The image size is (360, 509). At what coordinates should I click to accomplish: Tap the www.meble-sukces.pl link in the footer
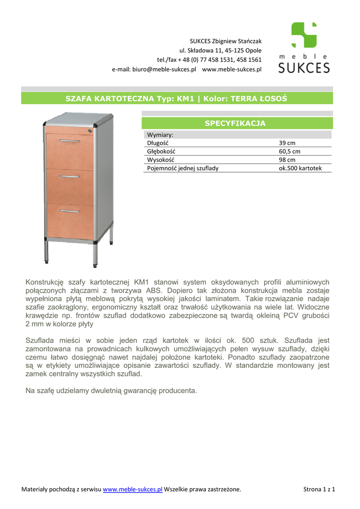pos(133,490)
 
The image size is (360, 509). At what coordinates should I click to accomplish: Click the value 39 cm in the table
pos(287,143)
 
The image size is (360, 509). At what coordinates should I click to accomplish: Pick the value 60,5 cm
pos(289,151)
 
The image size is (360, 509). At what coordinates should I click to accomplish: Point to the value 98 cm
pos(287,160)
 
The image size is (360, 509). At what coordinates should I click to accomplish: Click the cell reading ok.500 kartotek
pos(300,168)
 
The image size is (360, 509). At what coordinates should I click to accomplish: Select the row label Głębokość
pos(161,151)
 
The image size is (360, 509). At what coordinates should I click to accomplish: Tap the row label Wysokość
pos(159,160)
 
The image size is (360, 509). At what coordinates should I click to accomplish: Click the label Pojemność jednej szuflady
pos(182,168)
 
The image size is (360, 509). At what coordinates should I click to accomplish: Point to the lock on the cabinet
pos(90,131)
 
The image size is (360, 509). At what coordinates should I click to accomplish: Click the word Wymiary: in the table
pos(160,135)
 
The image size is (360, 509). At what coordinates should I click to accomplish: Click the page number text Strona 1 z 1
pos(319,490)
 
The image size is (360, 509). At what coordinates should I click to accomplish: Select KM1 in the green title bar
pos(184,98)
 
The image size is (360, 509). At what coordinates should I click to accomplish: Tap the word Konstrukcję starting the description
pos(44,282)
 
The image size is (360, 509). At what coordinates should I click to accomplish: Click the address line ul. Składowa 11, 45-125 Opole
pos(220,50)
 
